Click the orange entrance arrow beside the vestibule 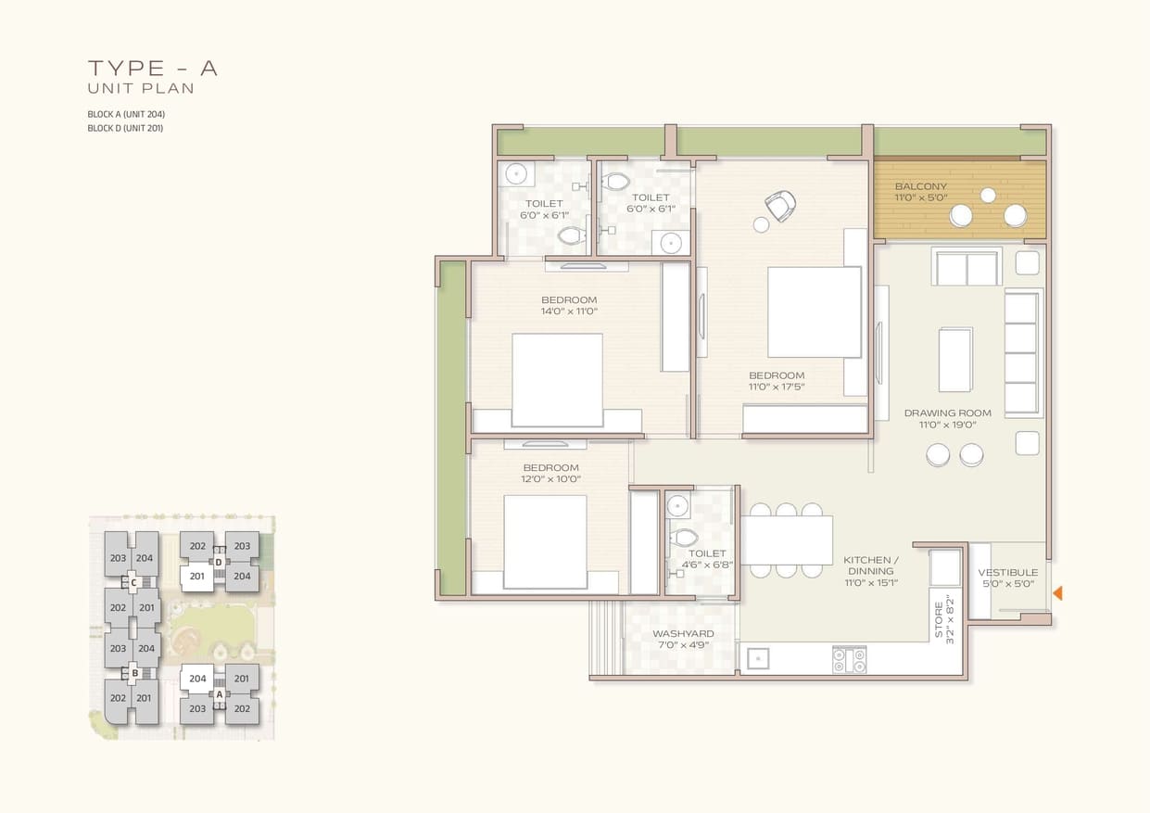click(x=1057, y=593)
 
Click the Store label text click(x=939, y=620)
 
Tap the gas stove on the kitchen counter click(x=849, y=660)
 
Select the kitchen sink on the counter click(x=758, y=658)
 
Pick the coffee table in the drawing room click(x=954, y=360)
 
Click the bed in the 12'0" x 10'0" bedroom click(x=545, y=541)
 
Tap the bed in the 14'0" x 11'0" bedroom click(x=557, y=380)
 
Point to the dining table click(x=787, y=540)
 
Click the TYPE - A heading click(x=153, y=68)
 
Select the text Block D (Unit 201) click(x=125, y=128)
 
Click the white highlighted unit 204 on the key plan click(x=197, y=679)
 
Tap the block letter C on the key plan click(x=133, y=583)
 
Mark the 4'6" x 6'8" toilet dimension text click(x=707, y=565)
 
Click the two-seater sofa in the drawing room click(x=967, y=267)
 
